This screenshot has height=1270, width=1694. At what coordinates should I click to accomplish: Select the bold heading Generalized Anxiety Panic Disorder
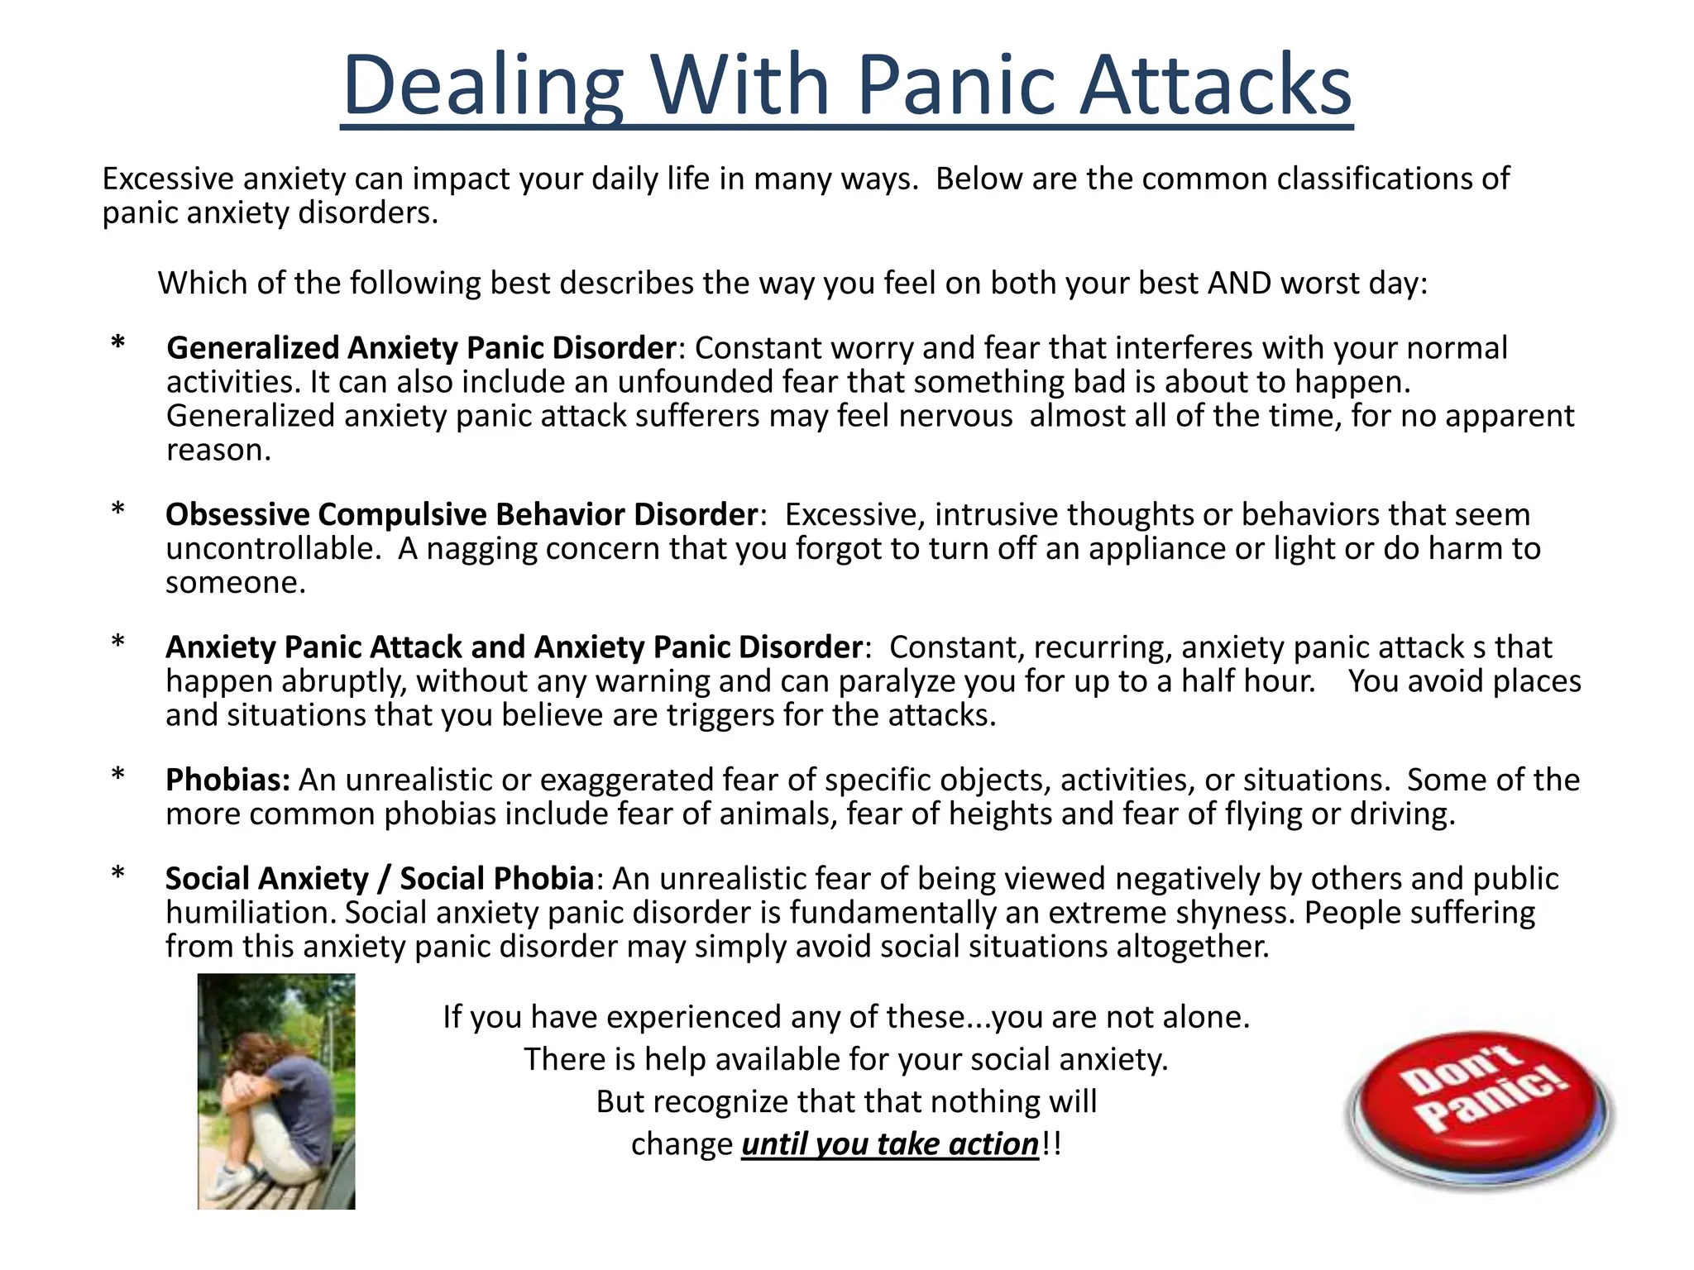coord(421,348)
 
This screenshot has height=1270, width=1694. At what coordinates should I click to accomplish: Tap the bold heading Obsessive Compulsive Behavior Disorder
coord(461,514)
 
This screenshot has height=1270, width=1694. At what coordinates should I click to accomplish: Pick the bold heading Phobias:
coord(227,780)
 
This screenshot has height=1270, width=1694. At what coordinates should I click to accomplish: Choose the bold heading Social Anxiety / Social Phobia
coord(379,878)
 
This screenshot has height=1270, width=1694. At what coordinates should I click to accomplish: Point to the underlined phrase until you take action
coord(889,1144)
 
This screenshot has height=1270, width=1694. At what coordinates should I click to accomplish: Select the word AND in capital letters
coord(1239,283)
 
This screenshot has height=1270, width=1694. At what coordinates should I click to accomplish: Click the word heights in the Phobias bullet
coord(1000,814)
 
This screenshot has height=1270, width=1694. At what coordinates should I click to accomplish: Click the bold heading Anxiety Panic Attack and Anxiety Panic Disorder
coord(514,647)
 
